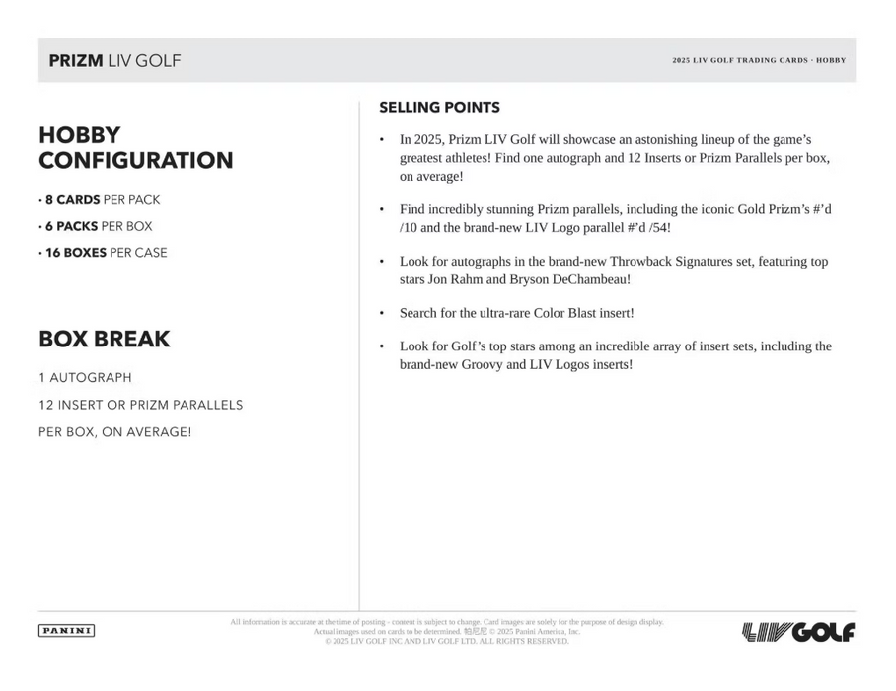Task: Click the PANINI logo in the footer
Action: click(x=66, y=631)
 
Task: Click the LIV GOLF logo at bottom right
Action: click(x=797, y=632)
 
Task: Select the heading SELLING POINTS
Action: click(x=439, y=108)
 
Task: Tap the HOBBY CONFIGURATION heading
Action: click(x=135, y=148)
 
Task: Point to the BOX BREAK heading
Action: click(x=104, y=340)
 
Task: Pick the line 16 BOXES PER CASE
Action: click(x=103, y=253)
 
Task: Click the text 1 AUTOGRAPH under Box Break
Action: click(x=85, y=378)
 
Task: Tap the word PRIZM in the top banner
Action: click(x=75, y=61)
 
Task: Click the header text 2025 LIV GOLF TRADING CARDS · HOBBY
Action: click(x=759, y=61)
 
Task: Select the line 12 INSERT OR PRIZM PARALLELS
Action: click(x=140, y=405)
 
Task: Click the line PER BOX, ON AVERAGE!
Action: click(x=114, y=432)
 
